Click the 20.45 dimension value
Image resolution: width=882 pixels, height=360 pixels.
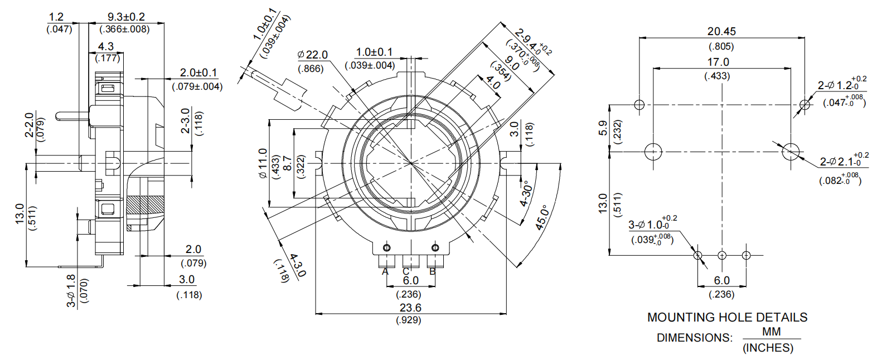pyautogui.click(x=721, y=32)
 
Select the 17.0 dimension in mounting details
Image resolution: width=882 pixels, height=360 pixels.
pyautogui.click(x=718, y=62)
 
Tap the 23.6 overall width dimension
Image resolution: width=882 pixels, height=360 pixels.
pyautogui.click(x=410, y=308)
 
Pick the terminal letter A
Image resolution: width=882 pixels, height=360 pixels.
pyautogui.click(x=385, y=272)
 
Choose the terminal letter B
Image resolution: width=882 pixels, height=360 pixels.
pyautogui.click(x=433, y=272)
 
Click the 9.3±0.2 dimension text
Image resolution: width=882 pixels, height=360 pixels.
pyautogui.click(x=126, y=17)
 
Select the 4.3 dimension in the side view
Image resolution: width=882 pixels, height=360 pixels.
pyautogui.click(x=106, y=46)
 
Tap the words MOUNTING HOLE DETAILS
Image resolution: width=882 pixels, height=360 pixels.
pyautogui.click(x=727, y=318)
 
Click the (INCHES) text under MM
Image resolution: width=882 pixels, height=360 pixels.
pyautogui.click(x=768, y=348)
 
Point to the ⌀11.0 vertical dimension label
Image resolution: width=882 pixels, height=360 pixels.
pyautogui.click(x=263, y=163)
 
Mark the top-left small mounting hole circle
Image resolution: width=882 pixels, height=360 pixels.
pyautogui.click(x=639, y=104)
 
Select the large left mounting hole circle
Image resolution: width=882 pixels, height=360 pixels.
pyautogui.click(x=653, y=152)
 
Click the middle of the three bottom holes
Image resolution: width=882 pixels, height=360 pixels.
pyautogui.click(x=722, y=255)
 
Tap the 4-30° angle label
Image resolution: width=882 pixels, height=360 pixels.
pyautogui.click(x=526, y=193)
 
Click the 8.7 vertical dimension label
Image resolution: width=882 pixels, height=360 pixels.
pyautogui.click(x=288, y=163)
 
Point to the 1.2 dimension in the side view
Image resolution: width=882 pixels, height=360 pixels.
pyautogui.click(x=56, y=17)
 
